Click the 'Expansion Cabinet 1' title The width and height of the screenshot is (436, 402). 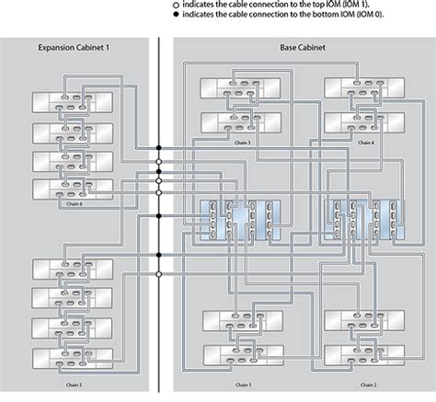click(x=74, y=48)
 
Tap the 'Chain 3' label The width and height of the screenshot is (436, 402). click(x=243, y=143)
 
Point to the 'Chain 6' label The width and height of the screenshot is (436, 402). click(x=74, y=204)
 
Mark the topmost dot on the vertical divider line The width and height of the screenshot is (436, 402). click(x=159, y=146)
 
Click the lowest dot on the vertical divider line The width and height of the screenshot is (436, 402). click(x=159, y=216)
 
